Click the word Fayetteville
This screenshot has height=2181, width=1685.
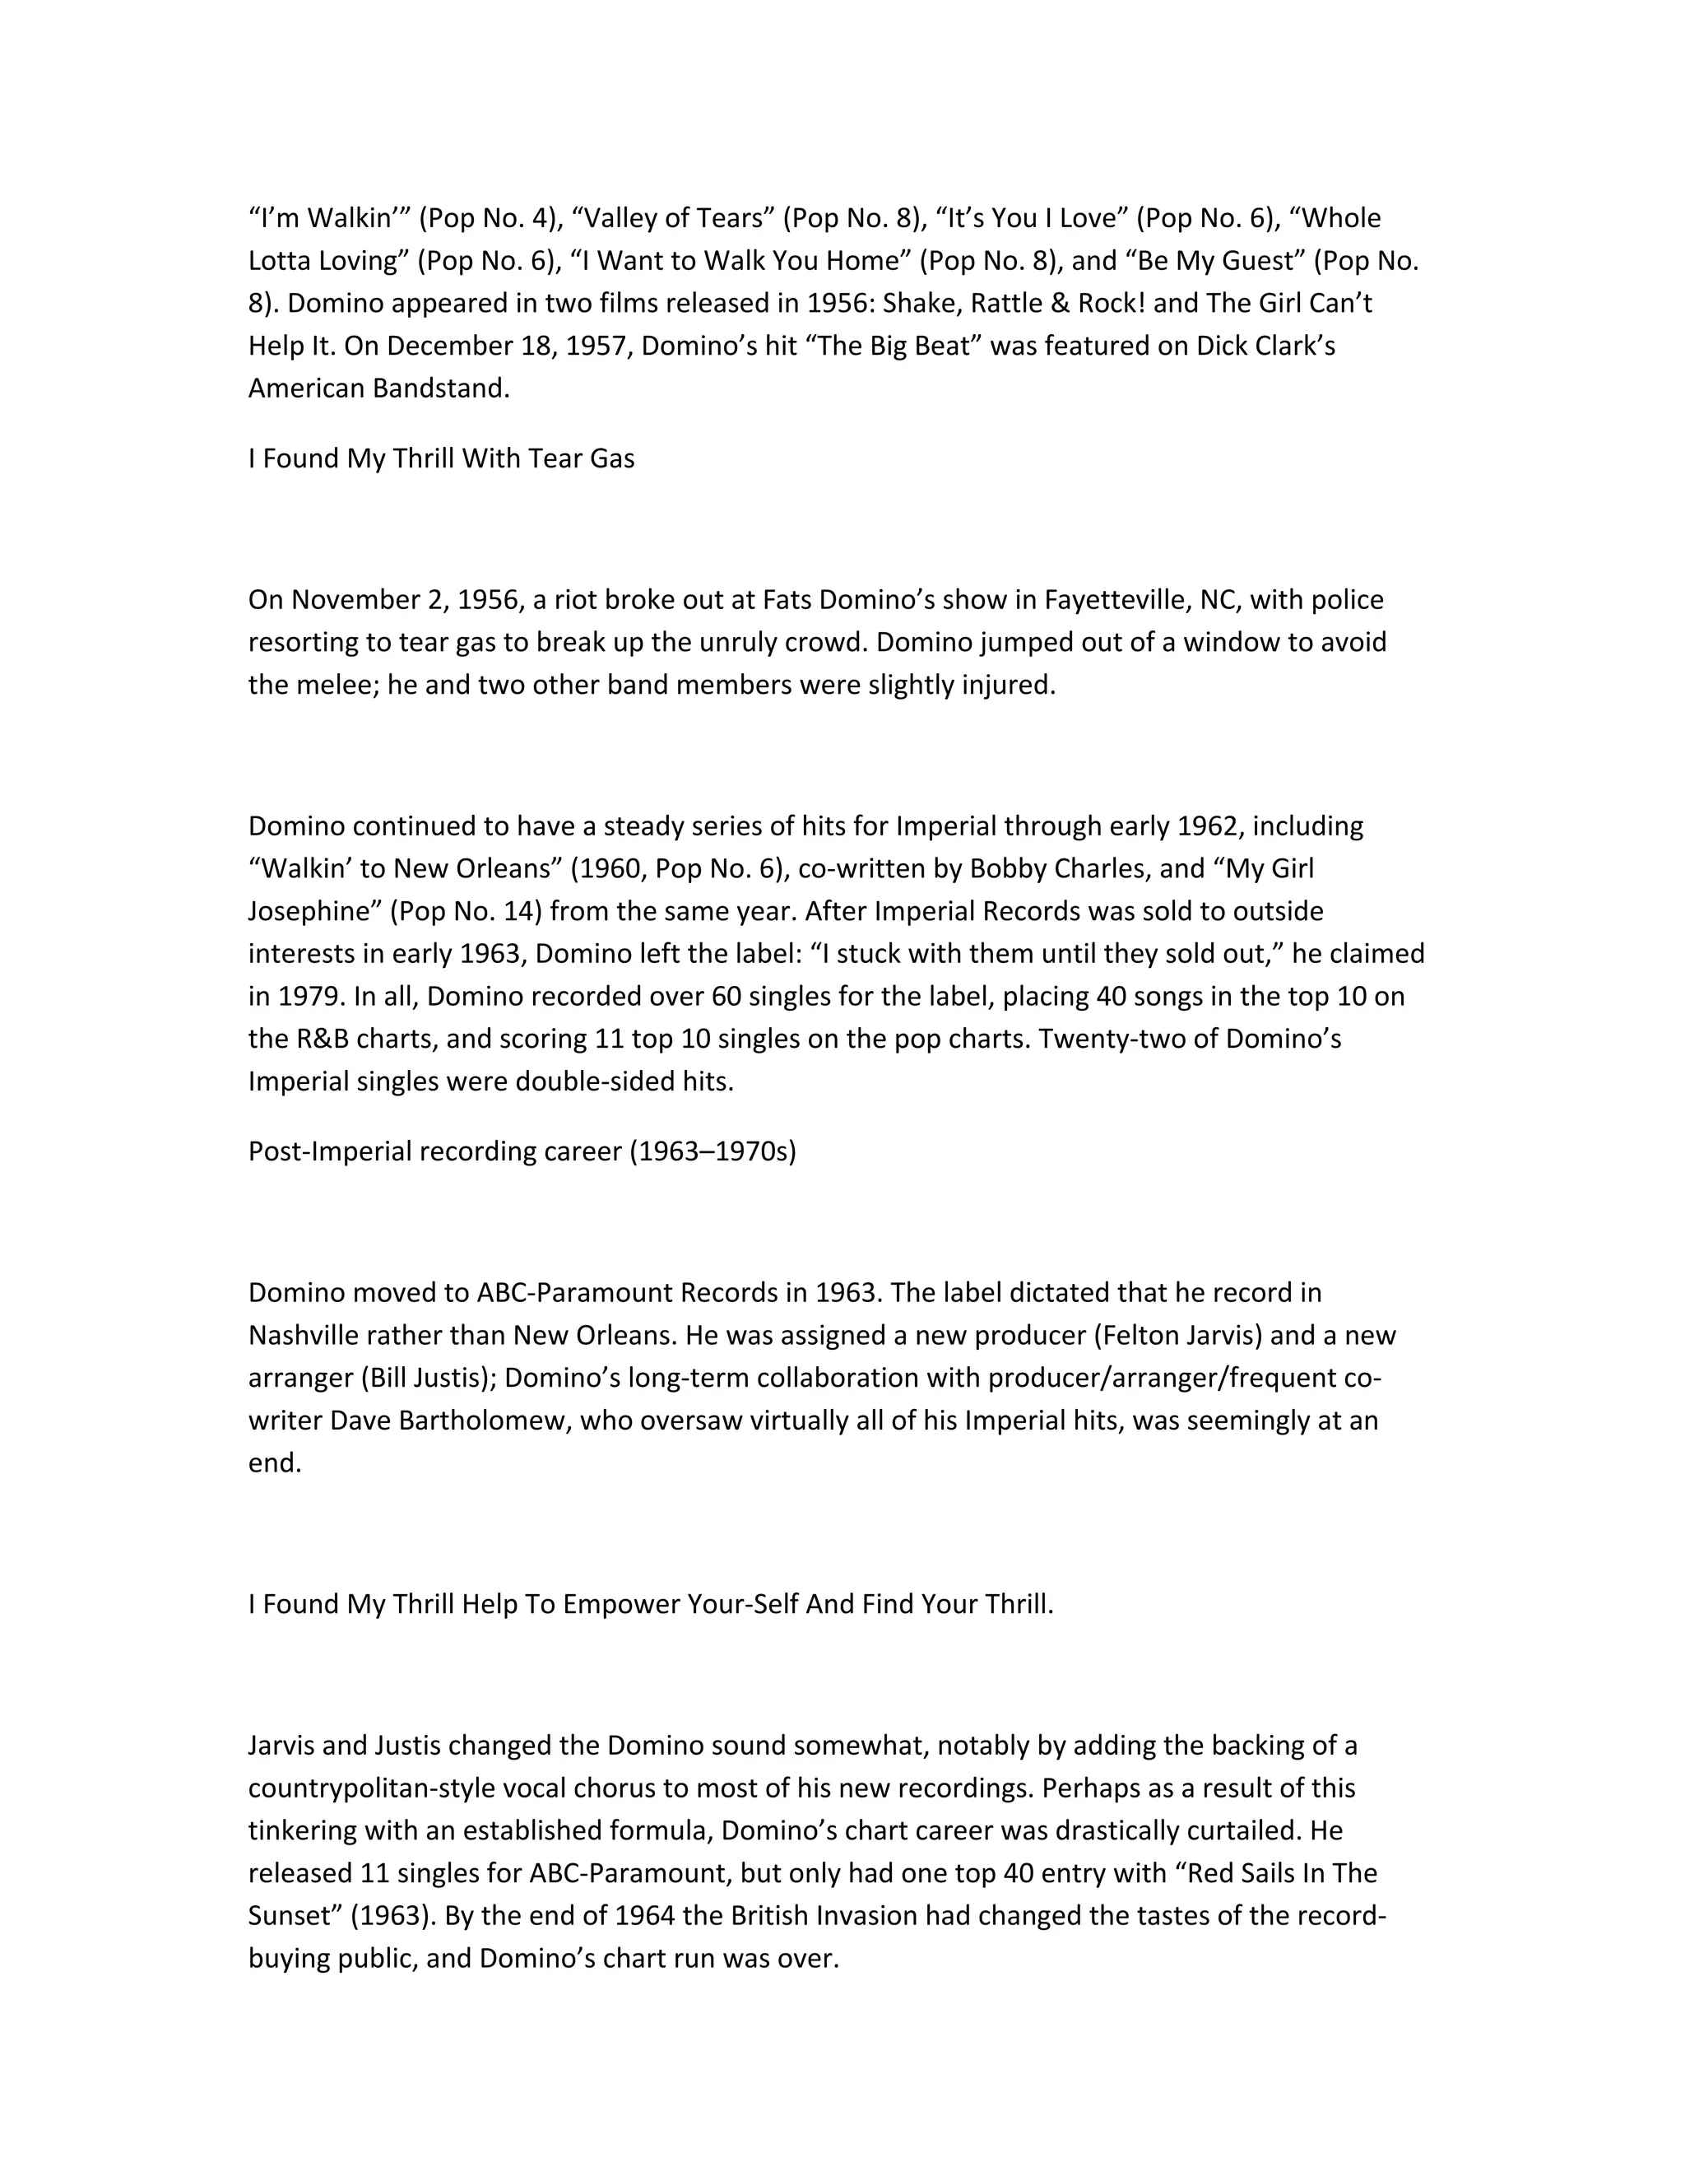1119,600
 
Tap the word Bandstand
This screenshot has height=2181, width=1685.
441,388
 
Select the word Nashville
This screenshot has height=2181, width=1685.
308,1335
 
